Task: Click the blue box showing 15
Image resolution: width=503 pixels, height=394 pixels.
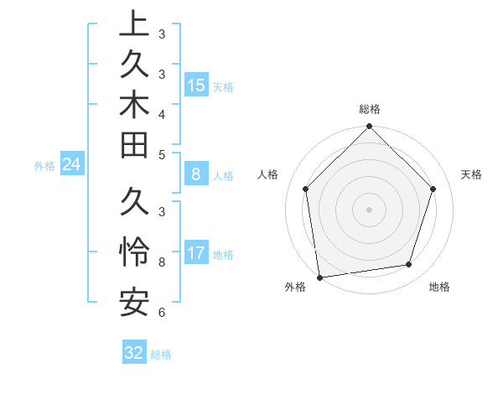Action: pyautogui.click(x=196, y=86)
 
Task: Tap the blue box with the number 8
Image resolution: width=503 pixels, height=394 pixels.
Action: pyautogui.click(x=196, y=175)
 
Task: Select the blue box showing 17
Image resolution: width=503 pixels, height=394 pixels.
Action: pyautogui.click(x=196, y=253)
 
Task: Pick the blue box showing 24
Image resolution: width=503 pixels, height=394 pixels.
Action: pyautogui.click(x=72, y=165)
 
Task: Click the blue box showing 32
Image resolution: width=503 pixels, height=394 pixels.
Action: pyautogui.click(x=134, y=353)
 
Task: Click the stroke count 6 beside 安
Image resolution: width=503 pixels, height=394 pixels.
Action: pyautogui.click(x=161, y=313)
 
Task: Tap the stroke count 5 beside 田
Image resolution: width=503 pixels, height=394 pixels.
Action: pyautogui.click(x=161, y=154)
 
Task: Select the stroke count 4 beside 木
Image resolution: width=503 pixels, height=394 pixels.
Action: pyautogui.click(x=161, y=113)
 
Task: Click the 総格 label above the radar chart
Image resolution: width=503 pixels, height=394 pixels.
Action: pyautogui.click(x=370, y=109)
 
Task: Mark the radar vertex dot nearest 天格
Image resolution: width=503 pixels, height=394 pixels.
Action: pyautogui.click(x=433, y=189)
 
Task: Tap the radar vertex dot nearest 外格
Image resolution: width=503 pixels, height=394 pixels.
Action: pyautogui.click(x=319, y=277)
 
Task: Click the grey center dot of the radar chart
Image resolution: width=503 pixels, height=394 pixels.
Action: pyautogui.click(x=369, y=209)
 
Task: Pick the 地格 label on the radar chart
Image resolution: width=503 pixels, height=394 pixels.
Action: pyautogui.click(x=439, y=288)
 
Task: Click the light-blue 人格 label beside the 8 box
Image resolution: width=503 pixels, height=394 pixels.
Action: pyautogui.click(x=223, y=176)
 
